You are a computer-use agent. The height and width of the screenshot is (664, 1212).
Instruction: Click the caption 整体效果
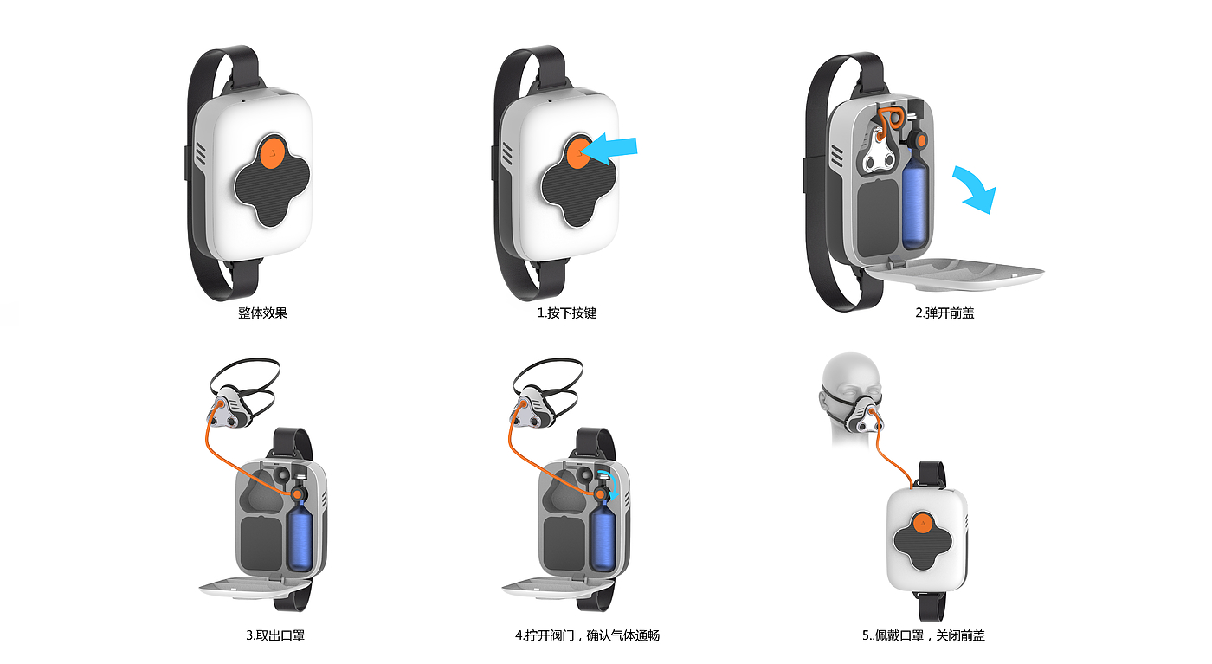(x=262, y=313)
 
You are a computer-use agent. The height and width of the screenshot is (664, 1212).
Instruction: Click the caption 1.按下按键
(x=566, y=313)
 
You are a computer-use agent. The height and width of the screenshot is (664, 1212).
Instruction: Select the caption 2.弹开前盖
(x=944, y=313)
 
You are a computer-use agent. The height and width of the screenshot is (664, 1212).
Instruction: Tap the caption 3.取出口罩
(x=275, y=635)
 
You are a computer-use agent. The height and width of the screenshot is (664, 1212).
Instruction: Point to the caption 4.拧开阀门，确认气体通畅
(x=587, y=635)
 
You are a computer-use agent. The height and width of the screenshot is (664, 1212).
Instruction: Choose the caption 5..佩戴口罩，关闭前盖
(x=923, y=635)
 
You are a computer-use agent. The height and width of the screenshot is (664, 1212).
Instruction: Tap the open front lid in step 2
(x=952, y=274)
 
